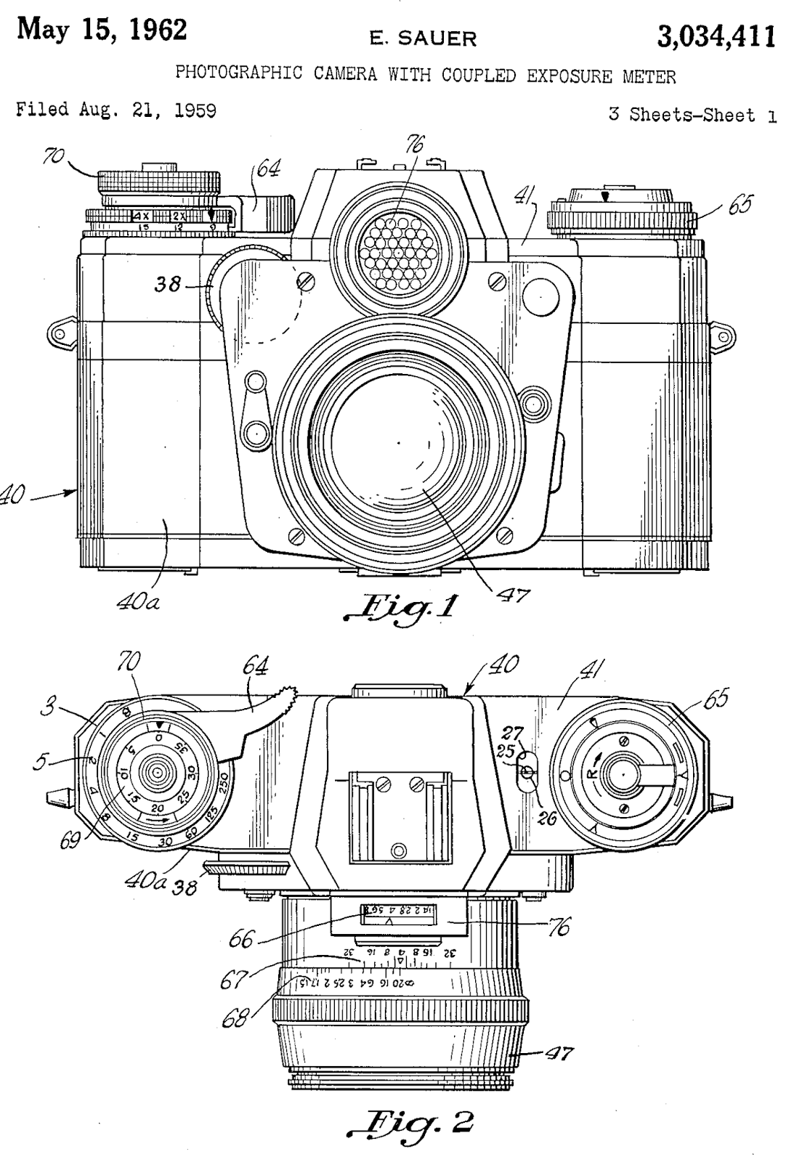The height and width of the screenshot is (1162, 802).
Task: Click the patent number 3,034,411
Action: point(715,36)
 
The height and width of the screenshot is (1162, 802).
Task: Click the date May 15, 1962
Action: point(101,31)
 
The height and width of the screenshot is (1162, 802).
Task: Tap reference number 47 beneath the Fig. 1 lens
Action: point(514,596)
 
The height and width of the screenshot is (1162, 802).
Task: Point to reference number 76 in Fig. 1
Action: point(417,143)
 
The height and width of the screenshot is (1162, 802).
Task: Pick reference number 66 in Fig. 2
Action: point(241,940)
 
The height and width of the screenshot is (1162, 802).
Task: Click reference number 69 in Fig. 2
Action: point(71,845)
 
